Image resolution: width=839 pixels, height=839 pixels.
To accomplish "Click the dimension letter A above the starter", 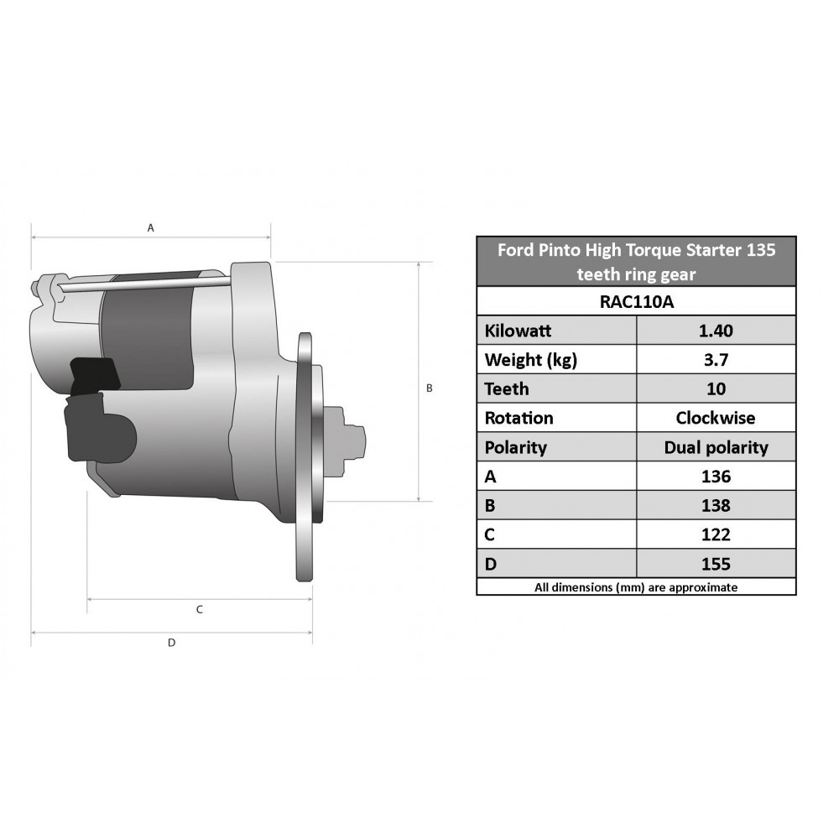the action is [151, 228].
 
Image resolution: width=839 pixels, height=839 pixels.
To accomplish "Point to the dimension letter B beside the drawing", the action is [429, 388].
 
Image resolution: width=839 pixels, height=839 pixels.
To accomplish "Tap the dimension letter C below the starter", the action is [200, 609].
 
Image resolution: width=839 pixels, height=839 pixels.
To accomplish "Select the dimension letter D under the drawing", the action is [172, 643].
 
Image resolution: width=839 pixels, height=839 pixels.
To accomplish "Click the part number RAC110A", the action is [637, 302].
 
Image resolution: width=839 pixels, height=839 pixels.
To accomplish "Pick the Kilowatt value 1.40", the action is [716, 331].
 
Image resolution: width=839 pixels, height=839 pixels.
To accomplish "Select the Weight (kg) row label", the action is [531, 360].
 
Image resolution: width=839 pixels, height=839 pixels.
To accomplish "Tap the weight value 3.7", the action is [716, 360].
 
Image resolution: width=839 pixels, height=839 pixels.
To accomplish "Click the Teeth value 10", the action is [716, 389].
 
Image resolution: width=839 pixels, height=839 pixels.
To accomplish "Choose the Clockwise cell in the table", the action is [716, 418].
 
